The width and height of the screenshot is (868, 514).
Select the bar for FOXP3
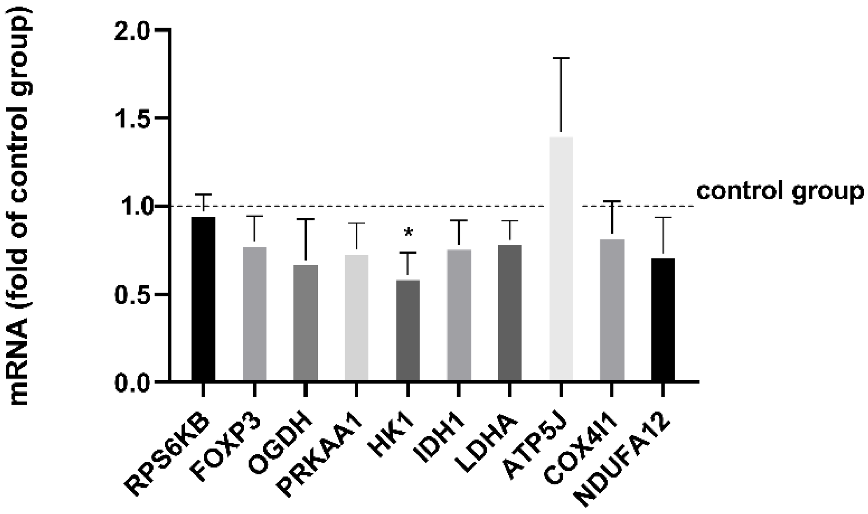254,314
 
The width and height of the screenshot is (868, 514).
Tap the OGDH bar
306,323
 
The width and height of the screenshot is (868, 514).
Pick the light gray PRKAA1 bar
357,318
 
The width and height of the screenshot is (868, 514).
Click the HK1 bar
408,330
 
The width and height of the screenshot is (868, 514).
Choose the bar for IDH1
459,315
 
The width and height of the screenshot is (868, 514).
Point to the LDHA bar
510,313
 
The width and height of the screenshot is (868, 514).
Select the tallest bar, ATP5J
561,259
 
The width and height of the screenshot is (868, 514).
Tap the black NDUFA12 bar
663,320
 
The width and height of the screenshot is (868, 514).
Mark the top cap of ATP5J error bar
561,58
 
